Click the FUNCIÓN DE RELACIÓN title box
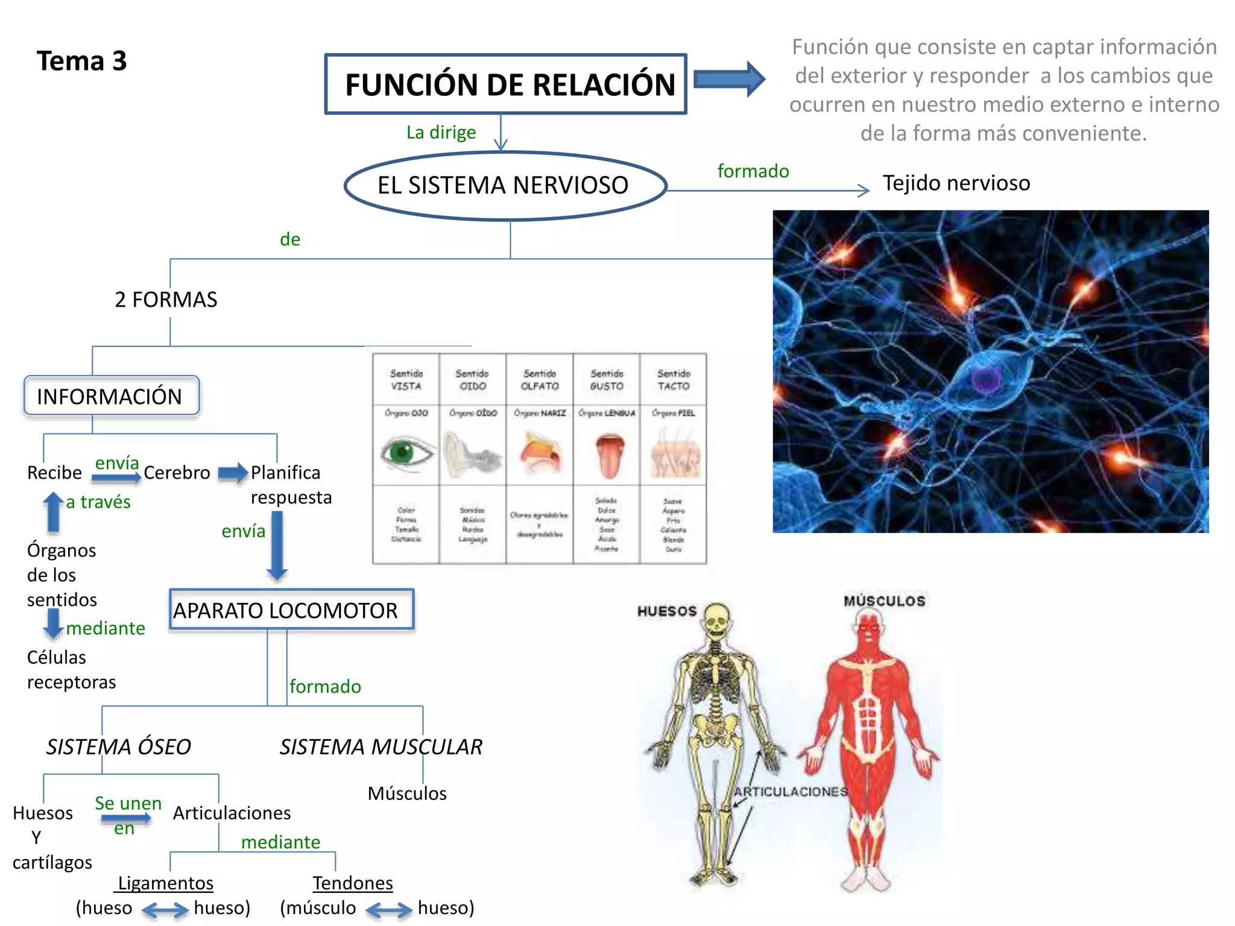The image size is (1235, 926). coord(505,84)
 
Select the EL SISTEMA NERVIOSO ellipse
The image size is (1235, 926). coord(505,185)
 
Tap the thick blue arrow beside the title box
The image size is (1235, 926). coord(729,79)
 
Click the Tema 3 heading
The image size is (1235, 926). coord(81,61)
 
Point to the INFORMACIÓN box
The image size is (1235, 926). coord(111,396)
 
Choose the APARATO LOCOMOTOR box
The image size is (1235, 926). coord(291,610)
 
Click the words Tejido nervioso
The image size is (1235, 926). coord(956,183)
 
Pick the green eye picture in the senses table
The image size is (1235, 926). coord(406,452)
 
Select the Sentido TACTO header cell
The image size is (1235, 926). coord(673,380)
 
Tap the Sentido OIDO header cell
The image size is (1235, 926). coord(472,380)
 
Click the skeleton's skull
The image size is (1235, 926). coord(716,620)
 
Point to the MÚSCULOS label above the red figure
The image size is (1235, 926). coord(884,601)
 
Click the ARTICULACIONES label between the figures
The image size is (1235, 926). coord(791,792)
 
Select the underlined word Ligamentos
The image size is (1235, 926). coord(165,883)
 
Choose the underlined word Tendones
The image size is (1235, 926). coord(353,883)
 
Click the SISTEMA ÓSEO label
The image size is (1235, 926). coord(119,746)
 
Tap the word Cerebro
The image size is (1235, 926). coord(177,472)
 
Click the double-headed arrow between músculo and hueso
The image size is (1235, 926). coord(389,909)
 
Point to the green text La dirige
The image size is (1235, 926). coord(441,132)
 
